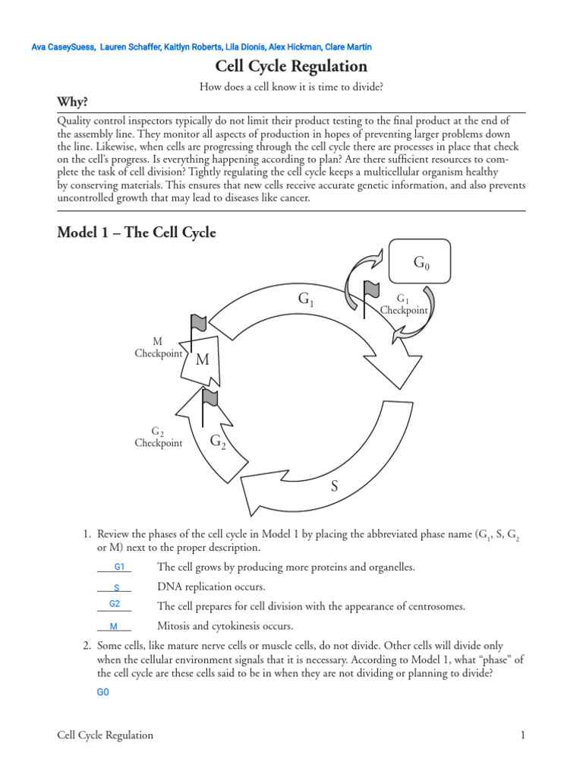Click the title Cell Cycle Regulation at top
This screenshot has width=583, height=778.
(291, 66)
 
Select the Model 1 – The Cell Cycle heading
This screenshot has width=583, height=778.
(137, 232)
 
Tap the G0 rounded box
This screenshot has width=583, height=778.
(420, 263)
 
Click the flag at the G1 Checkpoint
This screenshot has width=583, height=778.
(371, 290)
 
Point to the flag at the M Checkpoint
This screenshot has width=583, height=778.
(198, 321)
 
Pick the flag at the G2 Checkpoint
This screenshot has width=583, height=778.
(209, 397)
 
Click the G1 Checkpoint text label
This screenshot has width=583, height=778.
(404, 305)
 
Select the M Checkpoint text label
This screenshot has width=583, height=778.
(158, 348)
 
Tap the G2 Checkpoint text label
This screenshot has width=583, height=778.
(158, 438)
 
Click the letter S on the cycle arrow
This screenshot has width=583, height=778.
(333, 486)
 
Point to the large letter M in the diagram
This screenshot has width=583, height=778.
(202, 360)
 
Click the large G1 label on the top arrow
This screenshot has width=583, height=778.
(306, 301)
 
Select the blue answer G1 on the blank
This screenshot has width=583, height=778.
(119, 567)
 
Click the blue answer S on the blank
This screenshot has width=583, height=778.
(117, 587)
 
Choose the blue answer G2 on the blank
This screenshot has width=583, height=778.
(115, 604)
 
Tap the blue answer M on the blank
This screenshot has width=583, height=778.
(114, 627)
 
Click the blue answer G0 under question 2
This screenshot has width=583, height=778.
(103, 692)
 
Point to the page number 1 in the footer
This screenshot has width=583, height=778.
(523, 735)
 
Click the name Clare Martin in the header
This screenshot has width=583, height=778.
(348, 47)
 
